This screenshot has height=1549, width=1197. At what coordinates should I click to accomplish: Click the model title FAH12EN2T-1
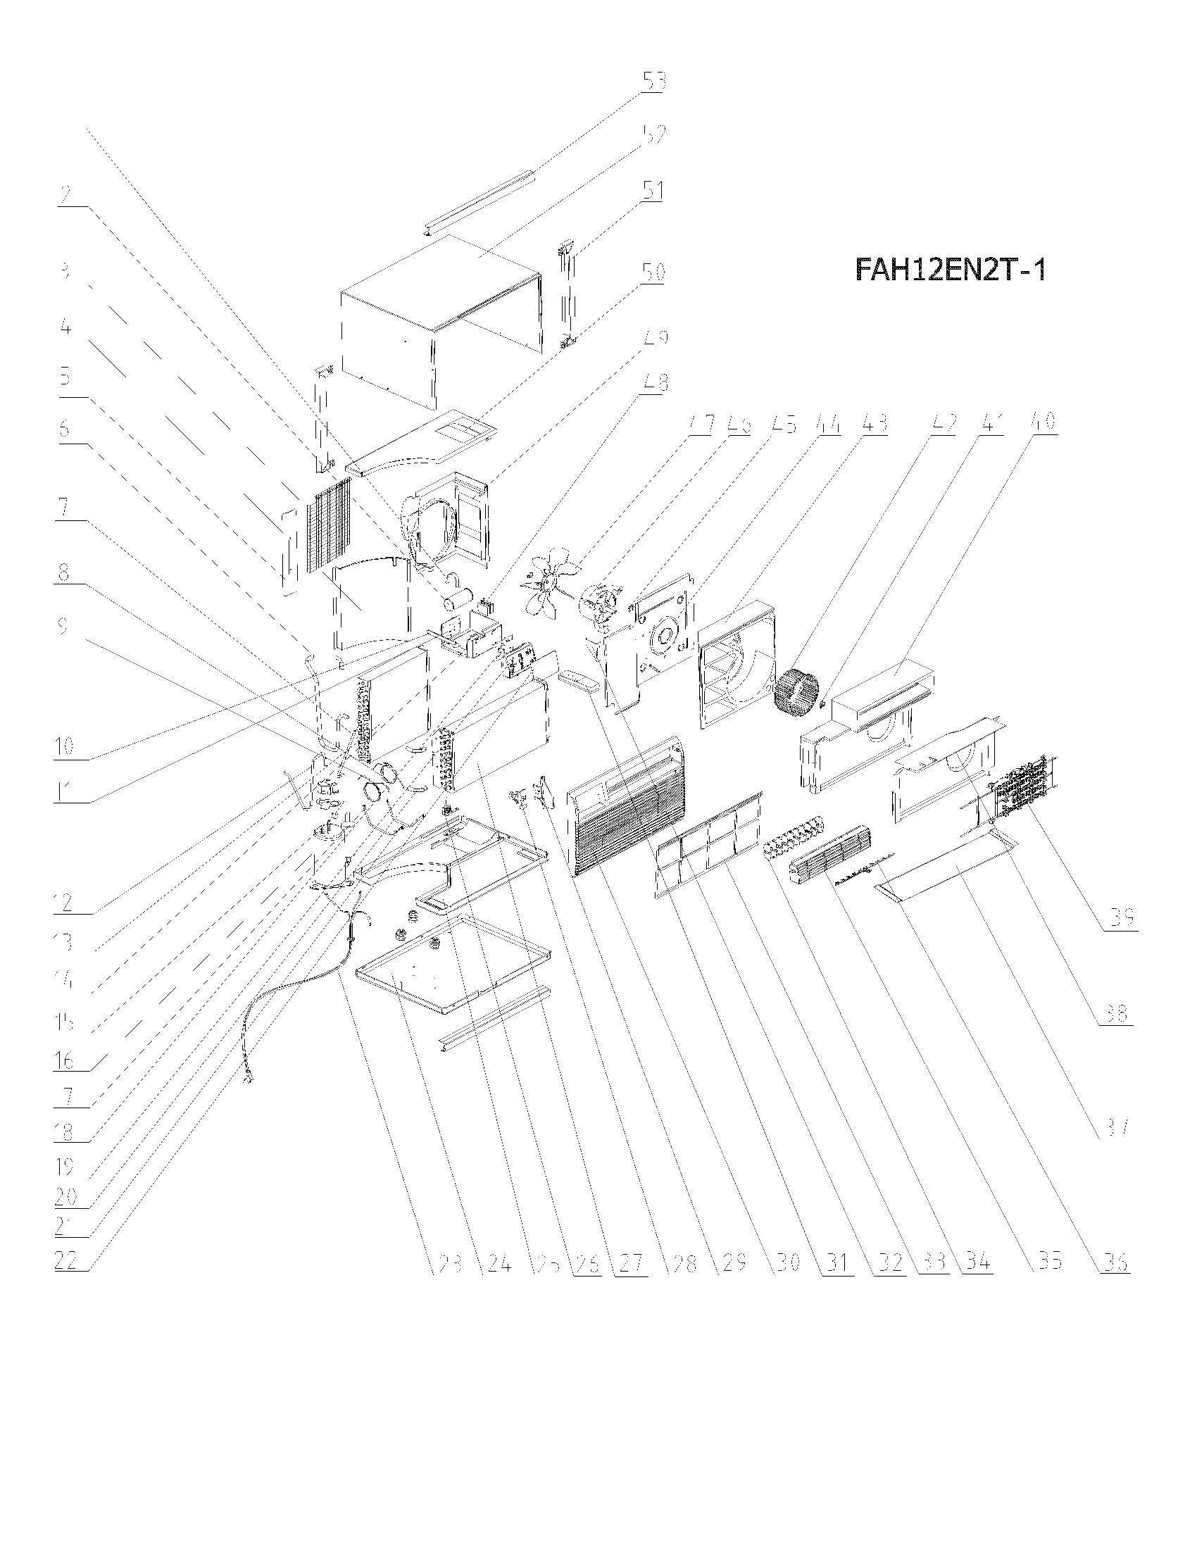pyautogui.click(x=951, y=270)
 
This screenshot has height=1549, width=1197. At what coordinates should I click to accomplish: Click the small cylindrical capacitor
pyautogui.click(x=455, y=599)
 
